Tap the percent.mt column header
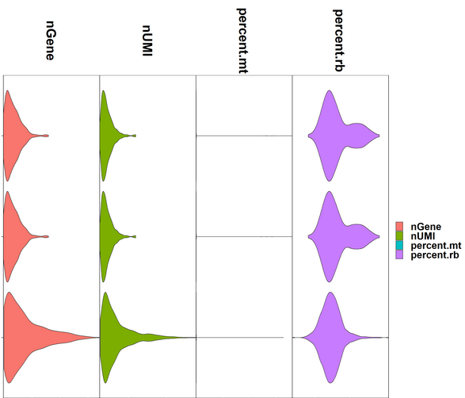(242, 40)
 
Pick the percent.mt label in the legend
(433, 245)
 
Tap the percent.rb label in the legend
(432, 254)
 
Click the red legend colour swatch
(401, 228)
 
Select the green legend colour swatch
(401, 236)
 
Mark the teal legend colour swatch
(401, 245)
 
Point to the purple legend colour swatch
(401, 254)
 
